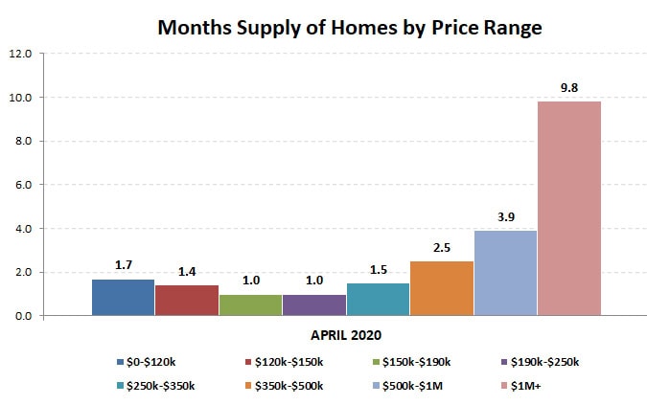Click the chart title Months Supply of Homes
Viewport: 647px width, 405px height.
tap(349, 28)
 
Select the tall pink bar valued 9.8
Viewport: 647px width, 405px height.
tap(569, 209)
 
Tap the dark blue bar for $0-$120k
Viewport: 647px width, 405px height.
tap(123, 297)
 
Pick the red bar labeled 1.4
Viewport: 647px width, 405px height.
tap(187, 301)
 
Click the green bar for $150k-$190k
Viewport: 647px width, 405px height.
tap(250, 304)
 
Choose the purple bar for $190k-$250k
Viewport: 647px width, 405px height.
tap(314, 304)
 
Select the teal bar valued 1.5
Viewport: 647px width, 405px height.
tap(378, 299)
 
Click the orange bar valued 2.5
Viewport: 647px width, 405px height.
tap(442, 288)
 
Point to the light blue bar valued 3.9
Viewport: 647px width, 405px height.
tap(505, 273)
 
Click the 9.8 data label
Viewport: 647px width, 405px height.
tap(569, 88)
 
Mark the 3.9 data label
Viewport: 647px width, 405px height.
tap(505, 217)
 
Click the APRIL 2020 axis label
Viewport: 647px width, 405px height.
tap(346, 335)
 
